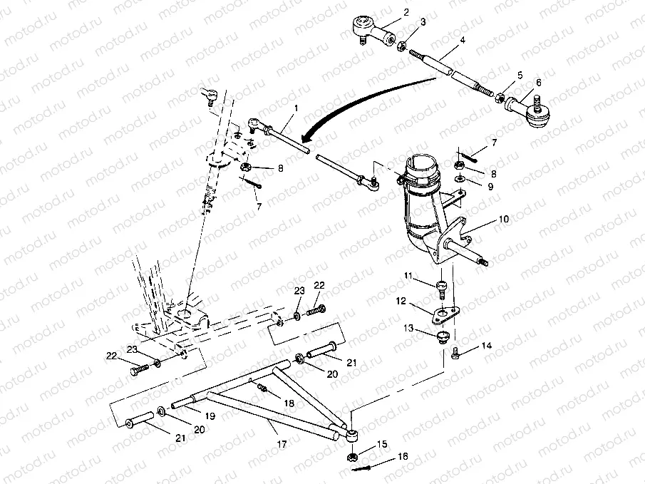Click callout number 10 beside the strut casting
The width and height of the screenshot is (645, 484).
tap(503, 219)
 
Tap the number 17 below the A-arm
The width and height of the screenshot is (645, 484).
tap(282, 444)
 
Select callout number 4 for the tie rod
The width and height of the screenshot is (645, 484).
tap(463, 41)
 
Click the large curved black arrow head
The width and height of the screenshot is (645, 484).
tap(305, 137)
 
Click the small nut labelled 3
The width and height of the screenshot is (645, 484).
tap(402, 45)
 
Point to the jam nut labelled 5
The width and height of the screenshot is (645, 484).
tap(500, 98)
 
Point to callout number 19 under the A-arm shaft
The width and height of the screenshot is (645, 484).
tap(210, 416)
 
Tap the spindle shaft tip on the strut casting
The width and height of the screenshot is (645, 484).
tap(485, 262)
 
